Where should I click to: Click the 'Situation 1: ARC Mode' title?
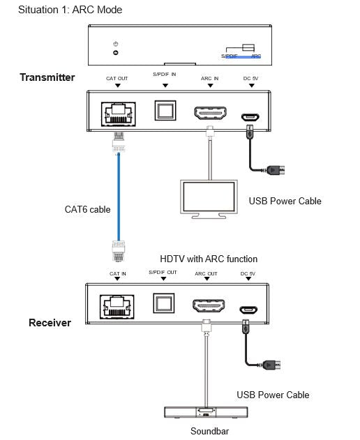click(x=70, y=10)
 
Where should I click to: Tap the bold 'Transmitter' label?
click(x=47, y=77)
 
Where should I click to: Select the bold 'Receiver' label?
click(x=50, y=323)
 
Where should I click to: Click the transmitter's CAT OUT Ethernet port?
click(x=118, y=114)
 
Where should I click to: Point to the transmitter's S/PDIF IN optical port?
click(x=165, y=111)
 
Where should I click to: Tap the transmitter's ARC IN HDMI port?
click(x=210, y=113)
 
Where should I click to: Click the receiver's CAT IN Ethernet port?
click(x=117, y=307)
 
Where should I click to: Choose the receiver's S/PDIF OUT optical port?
click(x=164, y=303)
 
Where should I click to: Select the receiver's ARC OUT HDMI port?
click(x=209, y=305)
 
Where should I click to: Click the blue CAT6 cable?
click(x=119, y=197)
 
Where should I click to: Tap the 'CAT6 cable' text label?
click(x=88, y=209)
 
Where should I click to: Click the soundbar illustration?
click(x=206, y=413)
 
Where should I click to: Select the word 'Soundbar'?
click(x=209, y=431)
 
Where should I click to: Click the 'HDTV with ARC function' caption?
click(x=209, y=259)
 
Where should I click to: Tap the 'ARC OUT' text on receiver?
click(x=206, y=273)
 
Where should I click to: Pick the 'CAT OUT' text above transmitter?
click(x=117, y=79)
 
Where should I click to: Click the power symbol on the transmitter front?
click(x=116, y=44)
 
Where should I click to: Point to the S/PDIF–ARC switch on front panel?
click(x=248, y=47)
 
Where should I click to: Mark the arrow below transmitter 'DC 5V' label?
click(x=252, y=85)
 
